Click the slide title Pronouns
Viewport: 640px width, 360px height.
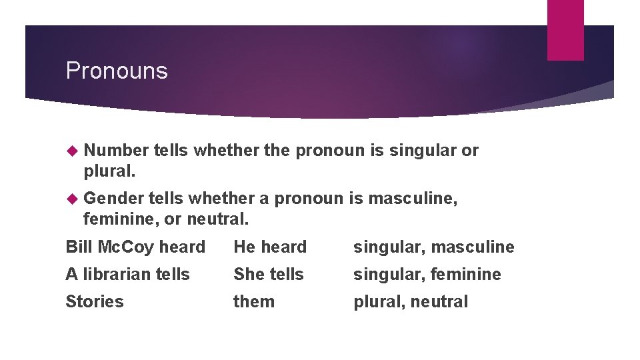pyautogui.click(x=117, y=71)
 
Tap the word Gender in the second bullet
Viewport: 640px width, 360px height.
pyautogui.click(x=114, y=198)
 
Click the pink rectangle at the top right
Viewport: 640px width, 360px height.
pyautogui.click(x=565, y=29)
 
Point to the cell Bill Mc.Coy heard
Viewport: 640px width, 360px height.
pyautogui.click(x=135, y=247)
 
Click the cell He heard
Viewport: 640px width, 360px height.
pyautogui.click(x=270, y=247)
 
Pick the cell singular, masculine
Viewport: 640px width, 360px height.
pyautogui.click(x=434, y=247)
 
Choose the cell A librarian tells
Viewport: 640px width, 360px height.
pyautogui.click(x=127, y=275)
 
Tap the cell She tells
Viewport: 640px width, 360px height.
pyautogui.click(x=268, y=275)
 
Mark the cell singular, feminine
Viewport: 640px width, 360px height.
pyautogui.click(x=427, y=275)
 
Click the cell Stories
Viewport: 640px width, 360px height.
pyautogui.click(x=95, y=301)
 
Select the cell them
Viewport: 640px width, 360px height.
pyautogui.click(x=254, y=301)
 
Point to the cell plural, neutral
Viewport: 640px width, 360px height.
pyautogui.click(x=411, y=301)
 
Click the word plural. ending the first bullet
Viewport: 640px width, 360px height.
pyautogui.click(x=109, y=171)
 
